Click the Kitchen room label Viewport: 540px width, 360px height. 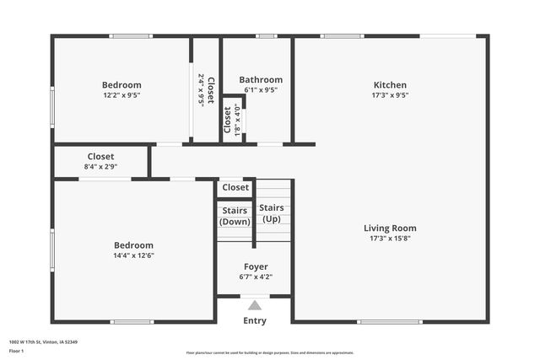pos(390,85)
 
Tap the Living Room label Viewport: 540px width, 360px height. pos(390,228)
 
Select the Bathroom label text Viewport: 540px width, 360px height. pos(261,80)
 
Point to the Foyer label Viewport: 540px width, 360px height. pos(256,266)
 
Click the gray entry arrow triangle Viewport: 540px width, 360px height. pos(255,304)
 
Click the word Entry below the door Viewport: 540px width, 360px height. pos(255,320)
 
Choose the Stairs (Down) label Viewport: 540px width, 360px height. pos(235,217)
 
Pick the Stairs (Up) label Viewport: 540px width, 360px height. pos(271,212)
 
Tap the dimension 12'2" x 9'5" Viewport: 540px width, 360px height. pos(121,95)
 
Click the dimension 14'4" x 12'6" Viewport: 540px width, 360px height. pos(133,255)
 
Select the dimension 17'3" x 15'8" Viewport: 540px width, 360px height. pos(390,239)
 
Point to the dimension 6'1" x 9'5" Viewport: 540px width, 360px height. pos(261,90)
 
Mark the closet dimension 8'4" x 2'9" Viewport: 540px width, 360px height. pos(100,167)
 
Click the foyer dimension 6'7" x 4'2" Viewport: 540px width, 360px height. pos(256,277)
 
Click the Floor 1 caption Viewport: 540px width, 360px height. pos(18,350)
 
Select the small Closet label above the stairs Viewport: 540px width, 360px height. pos(235,187)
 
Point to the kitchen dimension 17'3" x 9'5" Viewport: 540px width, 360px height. pos(390,95)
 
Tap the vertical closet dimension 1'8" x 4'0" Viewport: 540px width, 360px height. pos(238,120)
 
